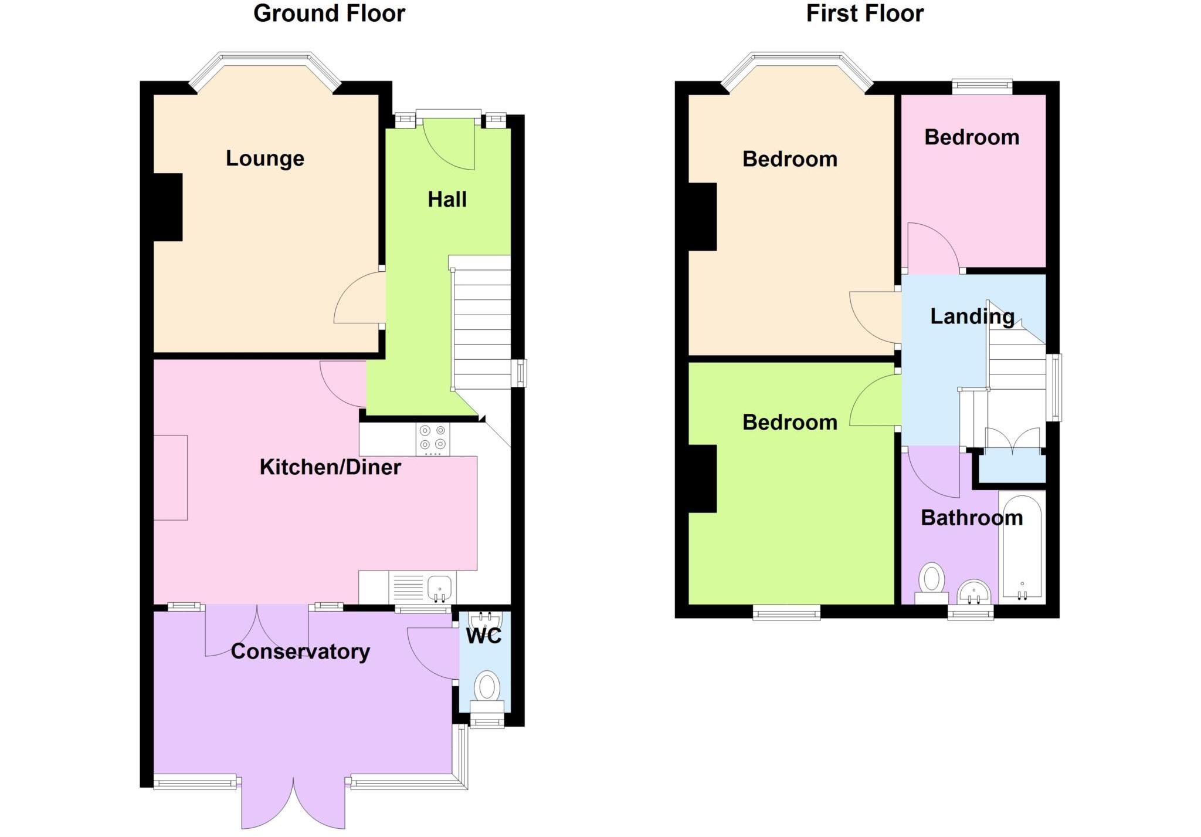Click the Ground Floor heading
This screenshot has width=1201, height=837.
pyautogui.click(x=329, y=14)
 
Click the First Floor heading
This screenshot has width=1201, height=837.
pyautogui.click(x=864, y=14)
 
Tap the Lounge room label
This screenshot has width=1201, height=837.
pyautogui.click(x=265, y=158)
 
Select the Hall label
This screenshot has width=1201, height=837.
pyautogui.click(x=447, y=200)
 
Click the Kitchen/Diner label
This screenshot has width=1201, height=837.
pyautogui.click(x=330, y=467)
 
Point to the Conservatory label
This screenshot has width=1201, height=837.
pyautogui.click(x=300, y=652)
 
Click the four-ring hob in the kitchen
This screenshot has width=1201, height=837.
pyautogui.click(x=433, y=438)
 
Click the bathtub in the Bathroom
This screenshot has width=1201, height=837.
pyautogui.click(x=1022, y=546)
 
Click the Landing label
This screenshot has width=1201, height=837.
pyautogui.click(x=972, y=316)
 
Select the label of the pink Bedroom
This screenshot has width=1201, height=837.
pyautogui.click(x=972, y=137)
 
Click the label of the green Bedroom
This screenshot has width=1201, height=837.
pyautogui.click(x=789, y=423)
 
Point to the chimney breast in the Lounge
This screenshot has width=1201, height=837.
pyautogui.click(x=168, y=207)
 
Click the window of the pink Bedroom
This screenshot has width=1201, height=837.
pyautogui.click(x=982, y=87)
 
